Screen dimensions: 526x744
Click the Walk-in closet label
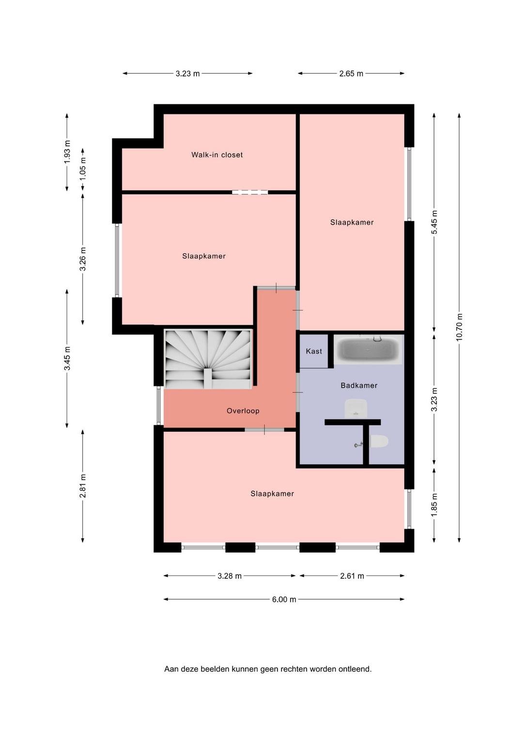click(217, 155)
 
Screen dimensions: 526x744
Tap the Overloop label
click(243, 411)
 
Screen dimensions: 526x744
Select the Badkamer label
click(359, 385)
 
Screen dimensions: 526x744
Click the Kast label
click(314, 351)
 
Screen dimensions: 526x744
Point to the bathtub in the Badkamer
click(369, 349)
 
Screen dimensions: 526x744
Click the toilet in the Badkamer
click(379, 441)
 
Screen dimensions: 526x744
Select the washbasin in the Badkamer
click(356, 408)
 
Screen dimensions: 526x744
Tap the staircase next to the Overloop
click(208, 359)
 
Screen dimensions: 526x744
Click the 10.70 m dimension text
click(459, 327)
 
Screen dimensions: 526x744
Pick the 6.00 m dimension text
click(284, 600)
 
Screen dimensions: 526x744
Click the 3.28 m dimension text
click(230, 576)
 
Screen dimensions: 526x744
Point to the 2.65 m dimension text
click(351, 74)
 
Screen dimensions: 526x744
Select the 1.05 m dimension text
click(83, 169)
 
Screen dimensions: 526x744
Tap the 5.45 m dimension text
click(434, 222)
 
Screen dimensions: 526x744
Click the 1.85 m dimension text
click(434, 505)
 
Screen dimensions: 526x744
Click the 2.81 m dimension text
click(83, 486)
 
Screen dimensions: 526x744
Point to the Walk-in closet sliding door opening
click(250, 192)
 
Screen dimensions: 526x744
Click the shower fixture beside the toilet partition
click(358, 444)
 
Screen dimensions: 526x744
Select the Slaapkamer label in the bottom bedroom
click(272, 494)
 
